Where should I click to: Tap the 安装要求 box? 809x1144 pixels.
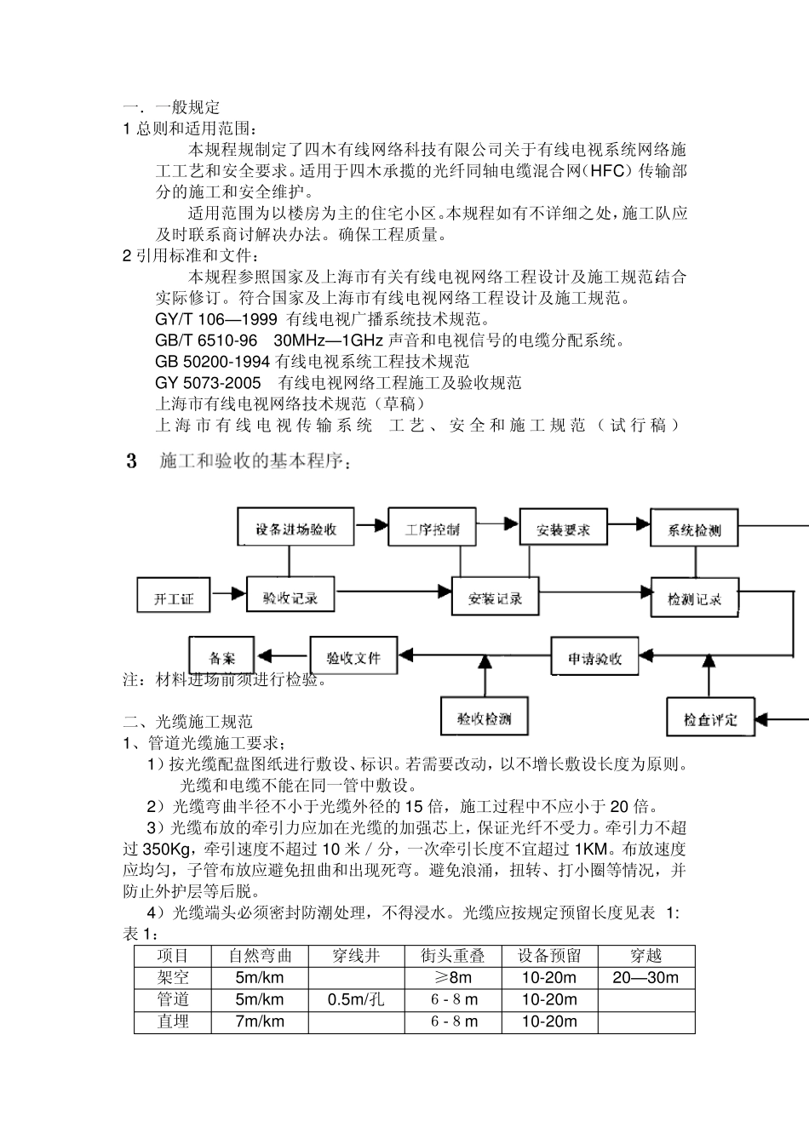563,529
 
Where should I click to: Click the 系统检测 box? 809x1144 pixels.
694,529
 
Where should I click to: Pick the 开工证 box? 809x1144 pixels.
174,598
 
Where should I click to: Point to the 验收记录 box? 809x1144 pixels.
290,598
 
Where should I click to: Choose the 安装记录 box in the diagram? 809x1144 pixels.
495,598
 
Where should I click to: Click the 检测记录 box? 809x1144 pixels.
694,598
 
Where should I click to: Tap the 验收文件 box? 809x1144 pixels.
353,657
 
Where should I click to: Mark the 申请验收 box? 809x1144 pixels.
594,658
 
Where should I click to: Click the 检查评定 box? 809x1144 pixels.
710,718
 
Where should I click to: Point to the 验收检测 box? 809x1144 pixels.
484,718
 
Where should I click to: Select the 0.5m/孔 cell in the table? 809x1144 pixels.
356,999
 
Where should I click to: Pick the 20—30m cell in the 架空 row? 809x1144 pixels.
645,977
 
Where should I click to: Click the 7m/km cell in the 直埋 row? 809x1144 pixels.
260,1021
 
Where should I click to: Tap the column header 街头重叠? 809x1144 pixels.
453,956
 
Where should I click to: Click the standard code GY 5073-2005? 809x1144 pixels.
209,383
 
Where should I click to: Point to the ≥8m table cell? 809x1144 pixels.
453,977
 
